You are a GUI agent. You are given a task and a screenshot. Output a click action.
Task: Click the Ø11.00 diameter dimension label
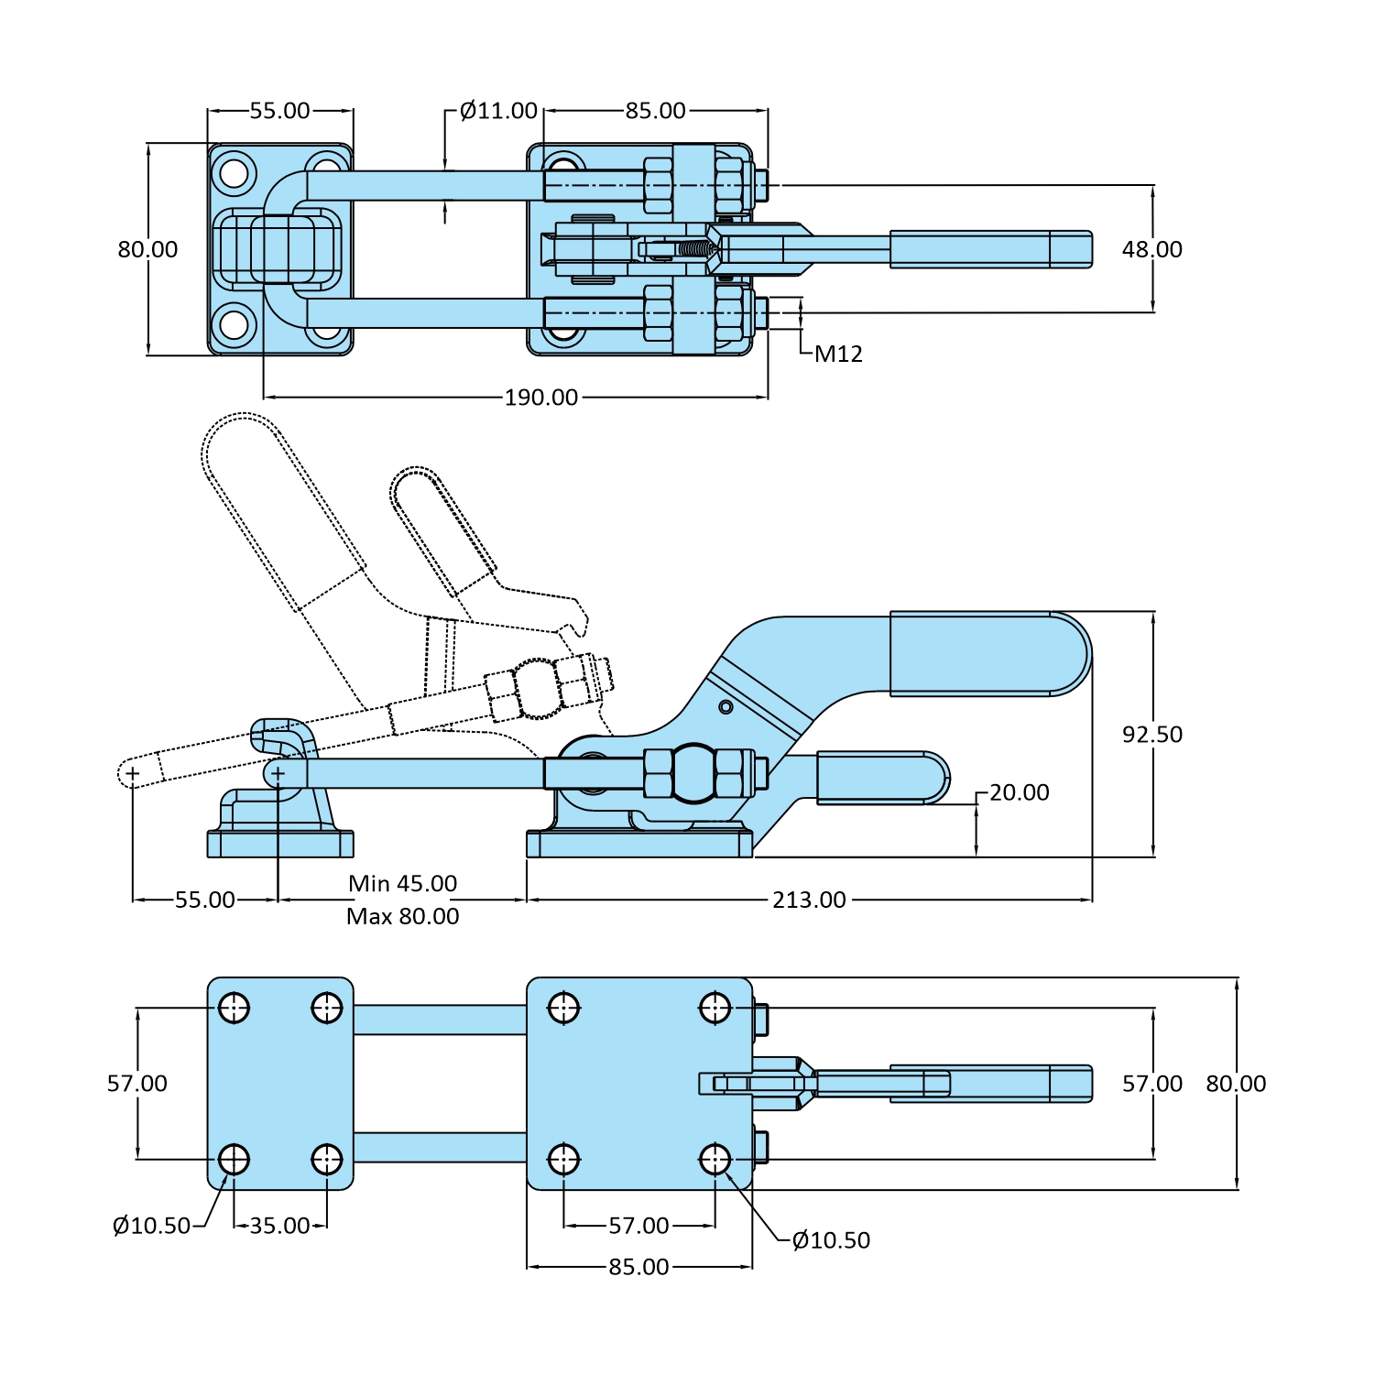coord(498,111)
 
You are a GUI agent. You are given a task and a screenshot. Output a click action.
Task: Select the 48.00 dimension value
coord(1151,249)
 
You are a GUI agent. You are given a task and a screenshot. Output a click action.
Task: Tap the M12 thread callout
coord(838,354)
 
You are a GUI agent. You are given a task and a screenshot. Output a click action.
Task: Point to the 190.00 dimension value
coord(541,398)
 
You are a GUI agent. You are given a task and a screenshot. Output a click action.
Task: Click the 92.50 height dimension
coord(1151,734)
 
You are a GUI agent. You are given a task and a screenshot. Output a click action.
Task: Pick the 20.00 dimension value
coord(1019,792)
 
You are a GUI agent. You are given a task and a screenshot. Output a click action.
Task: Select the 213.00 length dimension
coord(809,900)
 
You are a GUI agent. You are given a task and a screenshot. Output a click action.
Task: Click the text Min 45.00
coord(402,883)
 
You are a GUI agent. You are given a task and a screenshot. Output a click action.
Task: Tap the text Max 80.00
coord(402,916)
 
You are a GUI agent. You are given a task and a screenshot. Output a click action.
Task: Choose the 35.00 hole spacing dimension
coord(279,1226)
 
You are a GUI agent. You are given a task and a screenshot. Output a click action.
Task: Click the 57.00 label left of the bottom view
coord(137,1084)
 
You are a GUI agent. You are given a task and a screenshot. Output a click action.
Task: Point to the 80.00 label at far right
coord(1236,1084)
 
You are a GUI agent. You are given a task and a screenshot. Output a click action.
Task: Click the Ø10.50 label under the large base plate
coord(831,1240)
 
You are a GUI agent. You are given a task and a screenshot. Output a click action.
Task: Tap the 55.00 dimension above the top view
coord(279,111)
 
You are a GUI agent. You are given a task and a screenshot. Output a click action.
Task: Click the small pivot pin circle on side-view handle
coord(726,706)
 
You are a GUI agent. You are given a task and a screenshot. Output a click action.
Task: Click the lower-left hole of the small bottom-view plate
coord(234,1159)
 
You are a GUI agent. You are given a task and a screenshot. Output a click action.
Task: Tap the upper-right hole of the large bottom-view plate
coord(715,1009)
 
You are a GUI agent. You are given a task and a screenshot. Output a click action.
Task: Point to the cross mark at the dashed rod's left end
coord(133,774)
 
